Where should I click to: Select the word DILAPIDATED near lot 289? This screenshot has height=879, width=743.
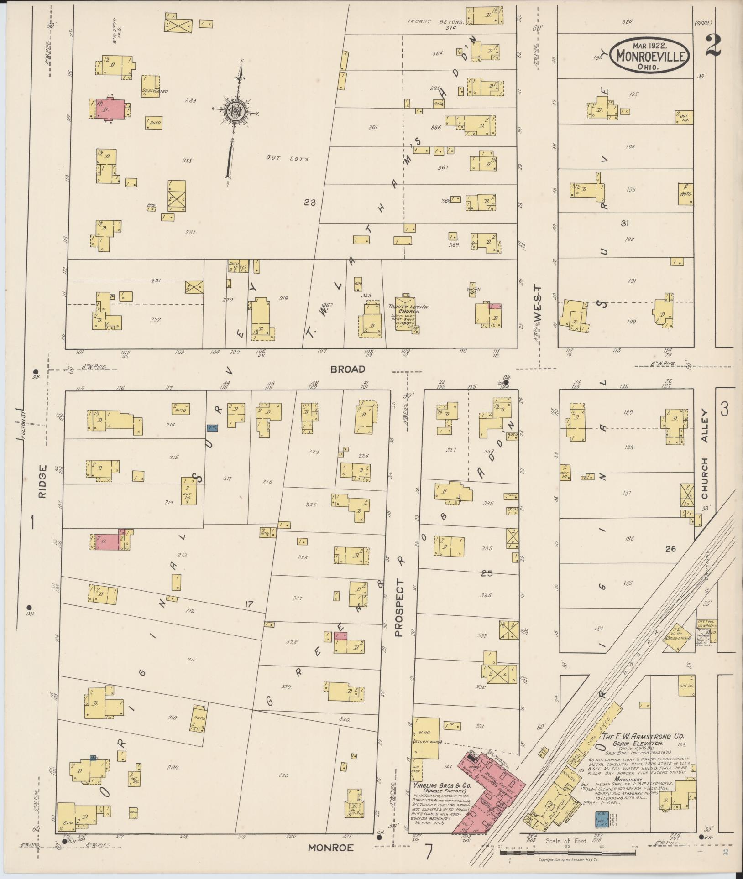155,91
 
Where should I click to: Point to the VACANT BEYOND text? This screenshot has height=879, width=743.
435,22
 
